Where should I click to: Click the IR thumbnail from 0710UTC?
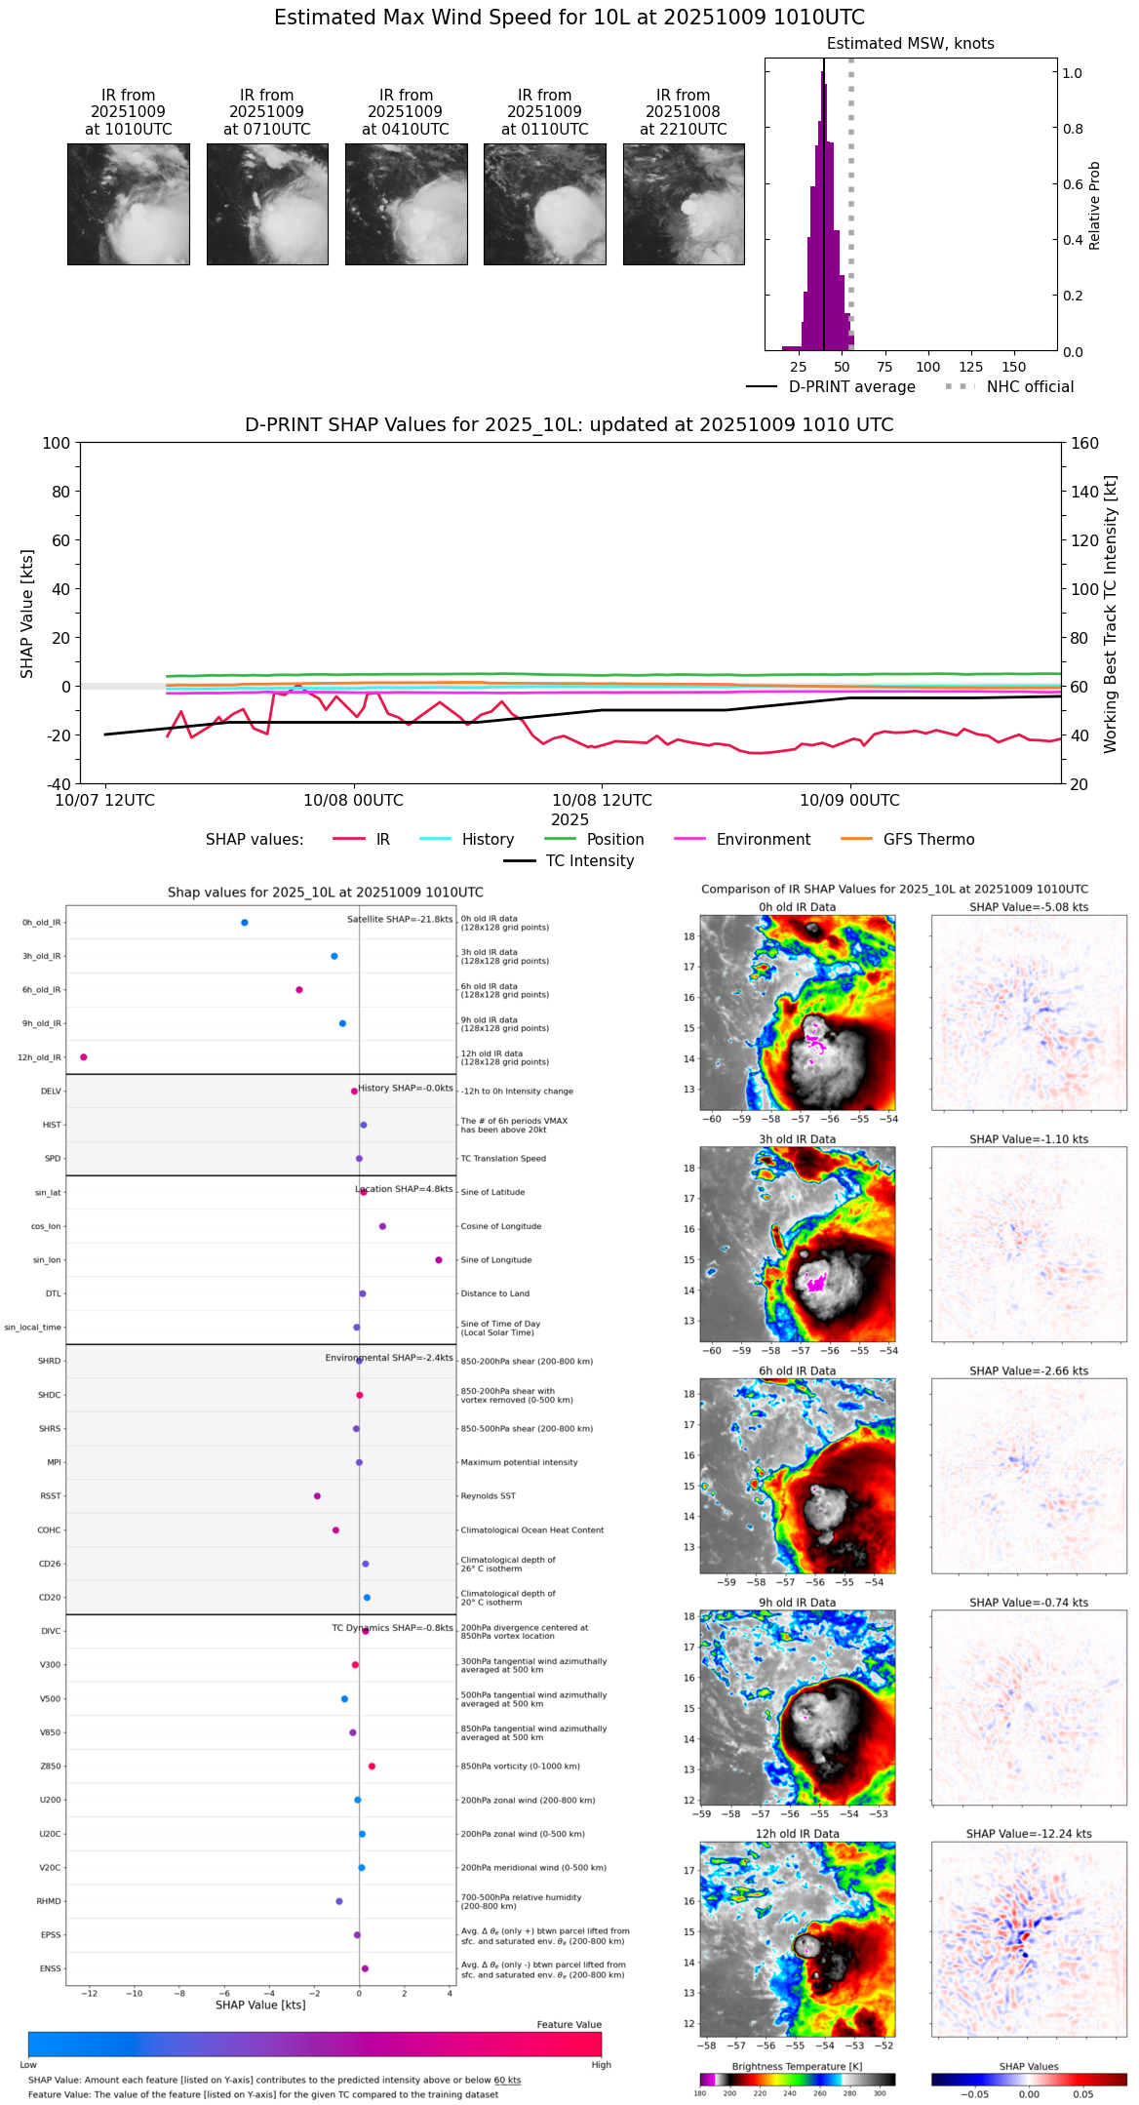267,204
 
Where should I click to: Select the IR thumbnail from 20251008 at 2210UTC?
684,204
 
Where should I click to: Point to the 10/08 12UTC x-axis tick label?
602,801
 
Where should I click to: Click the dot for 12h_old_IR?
84,1057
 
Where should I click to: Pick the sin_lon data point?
439,1260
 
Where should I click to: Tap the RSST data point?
317,1496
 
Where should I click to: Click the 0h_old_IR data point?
245,923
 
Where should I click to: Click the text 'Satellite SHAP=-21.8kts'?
400,920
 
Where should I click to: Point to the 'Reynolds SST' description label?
488,1496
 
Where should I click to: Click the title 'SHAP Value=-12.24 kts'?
1029,1835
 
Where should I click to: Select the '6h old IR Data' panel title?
797,1371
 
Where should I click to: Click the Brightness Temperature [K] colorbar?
797,2080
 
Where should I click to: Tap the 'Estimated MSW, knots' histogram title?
910,44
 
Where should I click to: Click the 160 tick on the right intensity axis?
1085,444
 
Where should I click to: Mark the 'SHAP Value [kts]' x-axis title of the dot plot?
260,2006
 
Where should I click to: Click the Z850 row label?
50,1767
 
